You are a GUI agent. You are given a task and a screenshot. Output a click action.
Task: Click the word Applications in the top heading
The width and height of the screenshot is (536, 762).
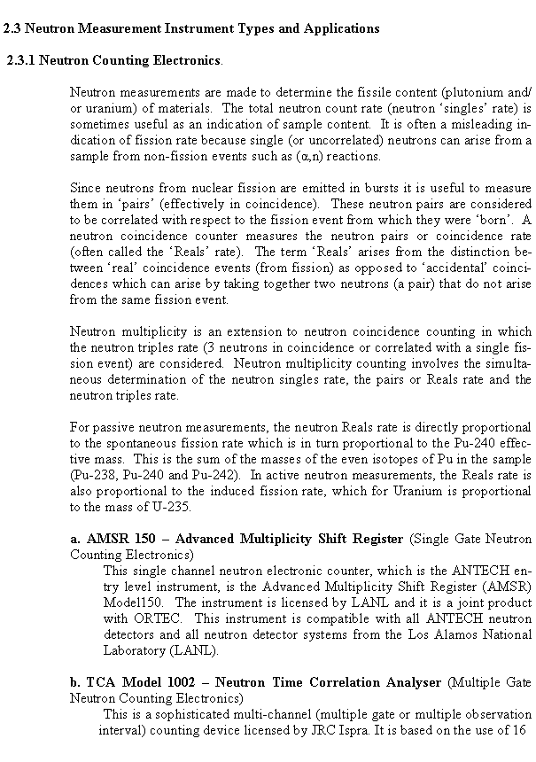tap(341, 28)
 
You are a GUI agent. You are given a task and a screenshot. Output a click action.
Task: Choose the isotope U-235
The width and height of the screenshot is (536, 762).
tap(167, 507)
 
